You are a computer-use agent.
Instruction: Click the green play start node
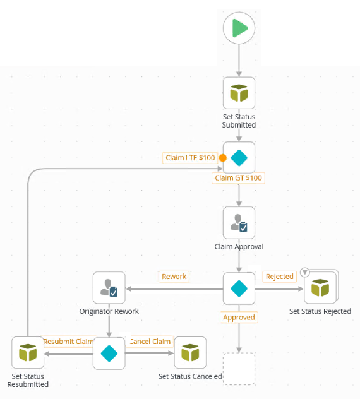239,28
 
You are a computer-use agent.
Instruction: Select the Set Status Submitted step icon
239,93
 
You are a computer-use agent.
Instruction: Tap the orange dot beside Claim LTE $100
222,158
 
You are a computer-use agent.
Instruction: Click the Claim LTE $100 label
190,158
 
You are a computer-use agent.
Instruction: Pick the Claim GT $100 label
238,178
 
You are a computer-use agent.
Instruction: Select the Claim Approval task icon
239,223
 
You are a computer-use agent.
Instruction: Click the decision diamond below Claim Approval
239,289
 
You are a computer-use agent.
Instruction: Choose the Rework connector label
174,277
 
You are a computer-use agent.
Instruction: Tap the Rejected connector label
279,277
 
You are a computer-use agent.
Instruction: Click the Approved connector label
239,317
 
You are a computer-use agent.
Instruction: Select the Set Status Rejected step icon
320,289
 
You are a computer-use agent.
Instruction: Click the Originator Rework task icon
109,289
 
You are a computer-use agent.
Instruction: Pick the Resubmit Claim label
68,342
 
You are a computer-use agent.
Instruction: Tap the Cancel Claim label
150,342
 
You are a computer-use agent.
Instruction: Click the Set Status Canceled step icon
190,353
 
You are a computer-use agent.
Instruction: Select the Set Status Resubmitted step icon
28,353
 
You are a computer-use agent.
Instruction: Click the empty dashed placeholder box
239,369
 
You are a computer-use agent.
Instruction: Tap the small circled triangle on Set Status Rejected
305,272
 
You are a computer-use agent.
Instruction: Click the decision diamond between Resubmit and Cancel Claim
109,353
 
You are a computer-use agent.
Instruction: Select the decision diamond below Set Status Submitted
239,158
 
